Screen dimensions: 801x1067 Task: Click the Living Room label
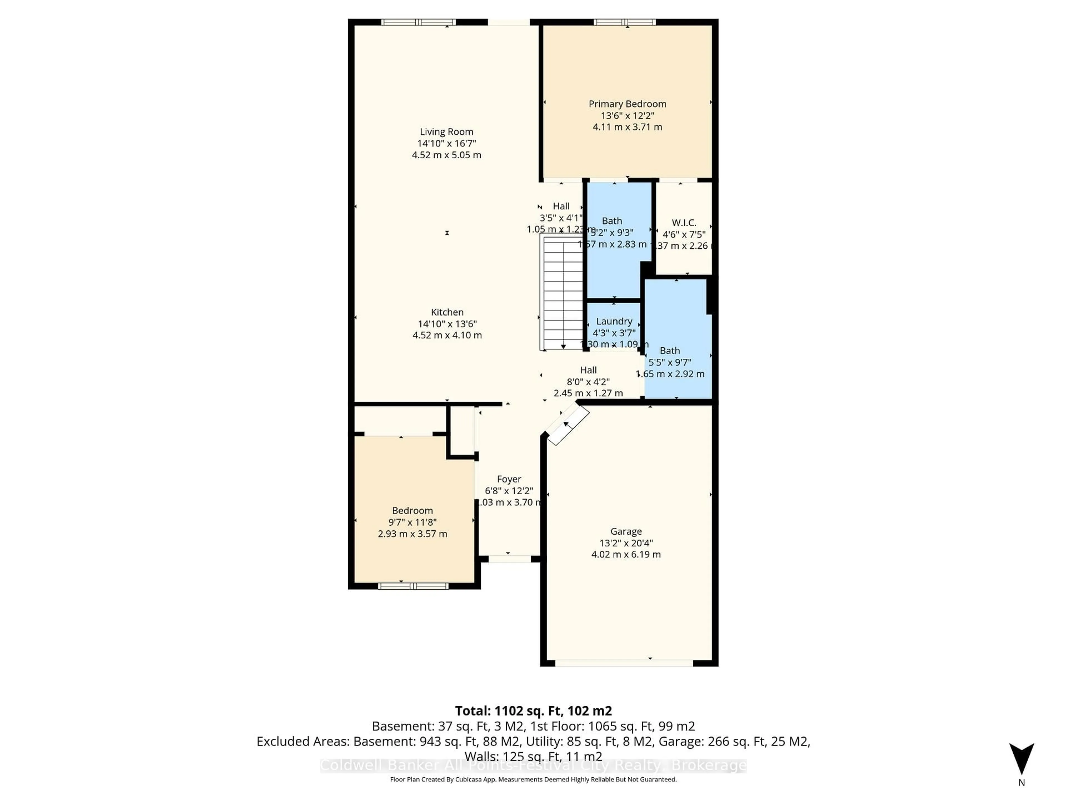pyautogui.click(x=446, y=132)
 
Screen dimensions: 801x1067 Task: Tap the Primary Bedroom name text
pyautogui.click(x=627, y=104)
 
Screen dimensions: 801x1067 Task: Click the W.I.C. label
pyautogui.click(x=684, y=222)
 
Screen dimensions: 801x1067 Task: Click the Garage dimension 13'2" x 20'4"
pyautogui.click(x=626, y=543)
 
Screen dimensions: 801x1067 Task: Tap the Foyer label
pyautogui.click(x=509, y=479)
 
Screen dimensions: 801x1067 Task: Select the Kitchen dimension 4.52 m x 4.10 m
pyautogui.click(x=447, y=335)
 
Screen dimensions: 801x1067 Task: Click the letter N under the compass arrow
pyautogui.click(x=1021, y=783)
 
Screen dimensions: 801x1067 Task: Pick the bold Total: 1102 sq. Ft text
pyautogui.click(x=533, y=711)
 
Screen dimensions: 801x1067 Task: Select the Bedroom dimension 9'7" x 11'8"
pyautogui.click(x=412, y=522)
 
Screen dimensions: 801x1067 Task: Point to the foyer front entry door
pyautogui.click(x=509, y=559)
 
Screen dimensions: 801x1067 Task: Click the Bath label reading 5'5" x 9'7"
pyautogui.click(x=670, y=362)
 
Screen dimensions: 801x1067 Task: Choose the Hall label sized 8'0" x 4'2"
pyautogui.click(x=588, y=381)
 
